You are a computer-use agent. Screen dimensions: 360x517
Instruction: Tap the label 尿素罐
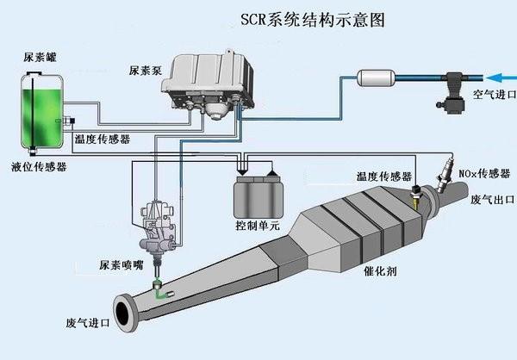click(39, 59)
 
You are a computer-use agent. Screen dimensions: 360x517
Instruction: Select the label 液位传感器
click(39, 165)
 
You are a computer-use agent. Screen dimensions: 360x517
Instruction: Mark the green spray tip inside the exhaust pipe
click(158, 293)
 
